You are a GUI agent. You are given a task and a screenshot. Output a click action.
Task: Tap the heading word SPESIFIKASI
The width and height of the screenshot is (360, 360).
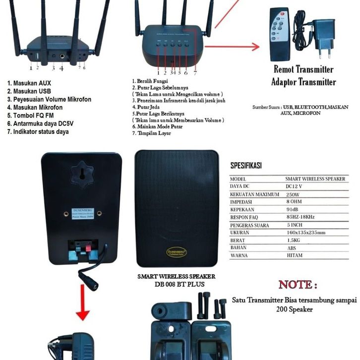pos(246,166)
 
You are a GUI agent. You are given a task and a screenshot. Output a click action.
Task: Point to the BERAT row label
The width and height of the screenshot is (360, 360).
pos(239,240)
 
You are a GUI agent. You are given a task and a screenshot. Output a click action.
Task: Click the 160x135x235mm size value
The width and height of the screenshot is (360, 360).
pos(305,233)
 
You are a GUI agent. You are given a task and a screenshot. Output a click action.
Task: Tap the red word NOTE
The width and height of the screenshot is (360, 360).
pos(298,285)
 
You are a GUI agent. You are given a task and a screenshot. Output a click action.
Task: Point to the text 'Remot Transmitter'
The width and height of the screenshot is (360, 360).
pos(303,70)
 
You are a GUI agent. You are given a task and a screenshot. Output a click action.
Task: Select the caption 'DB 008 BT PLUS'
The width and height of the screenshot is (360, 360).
pos(177,284)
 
